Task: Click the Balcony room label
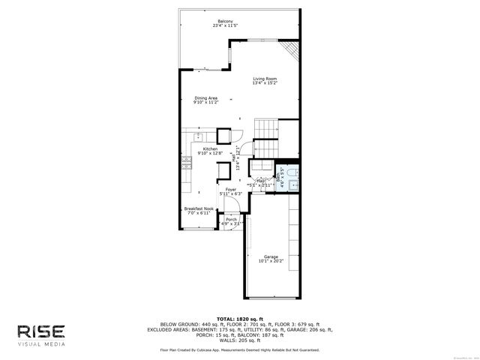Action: [225, 21]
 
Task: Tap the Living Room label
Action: [265, 79]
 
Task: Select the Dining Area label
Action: [206, 97]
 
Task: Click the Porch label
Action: [231, 219]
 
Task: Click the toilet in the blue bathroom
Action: [293, 172]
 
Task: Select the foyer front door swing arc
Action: [225, 222]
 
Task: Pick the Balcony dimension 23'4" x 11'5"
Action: [225, 26]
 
